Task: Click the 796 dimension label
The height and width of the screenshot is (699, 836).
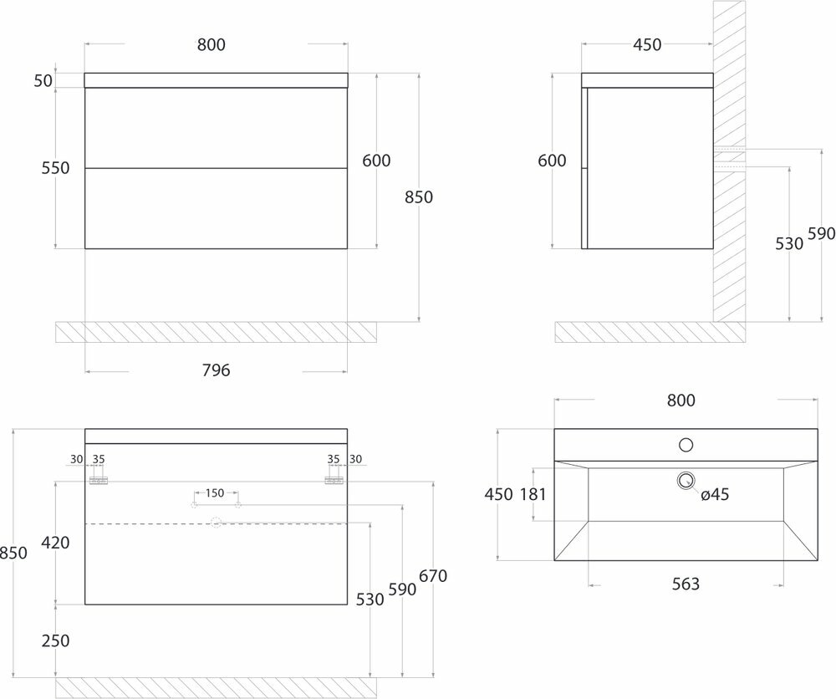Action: coord(216,370)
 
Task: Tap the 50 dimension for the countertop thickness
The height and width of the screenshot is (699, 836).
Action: coord(43,80)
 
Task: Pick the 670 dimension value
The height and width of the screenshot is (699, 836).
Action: coord(434,577)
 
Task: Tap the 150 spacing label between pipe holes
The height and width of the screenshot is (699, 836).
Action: coord(215,492)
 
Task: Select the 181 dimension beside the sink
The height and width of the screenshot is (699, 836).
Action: coord(532,494)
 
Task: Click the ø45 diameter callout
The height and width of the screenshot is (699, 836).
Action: coord(715,495)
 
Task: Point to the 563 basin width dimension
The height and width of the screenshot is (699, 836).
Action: coord(686,584)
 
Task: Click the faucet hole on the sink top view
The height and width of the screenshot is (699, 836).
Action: coord(686,445)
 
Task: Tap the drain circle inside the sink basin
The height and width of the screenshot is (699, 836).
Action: coord(686,480)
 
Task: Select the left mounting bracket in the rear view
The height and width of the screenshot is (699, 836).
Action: coord(99,480)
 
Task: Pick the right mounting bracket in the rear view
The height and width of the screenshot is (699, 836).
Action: coord(334,480)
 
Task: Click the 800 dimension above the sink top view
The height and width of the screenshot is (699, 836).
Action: coord(681,401)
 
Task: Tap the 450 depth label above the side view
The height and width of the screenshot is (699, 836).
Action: coord(646,45)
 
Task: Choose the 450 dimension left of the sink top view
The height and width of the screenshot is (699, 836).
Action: coord(498,494)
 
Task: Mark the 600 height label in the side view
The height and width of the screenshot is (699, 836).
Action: coord(553,161)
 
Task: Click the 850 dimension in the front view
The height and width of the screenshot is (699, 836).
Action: coord(419,197)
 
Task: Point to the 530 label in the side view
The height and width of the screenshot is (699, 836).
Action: coord(789,243)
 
